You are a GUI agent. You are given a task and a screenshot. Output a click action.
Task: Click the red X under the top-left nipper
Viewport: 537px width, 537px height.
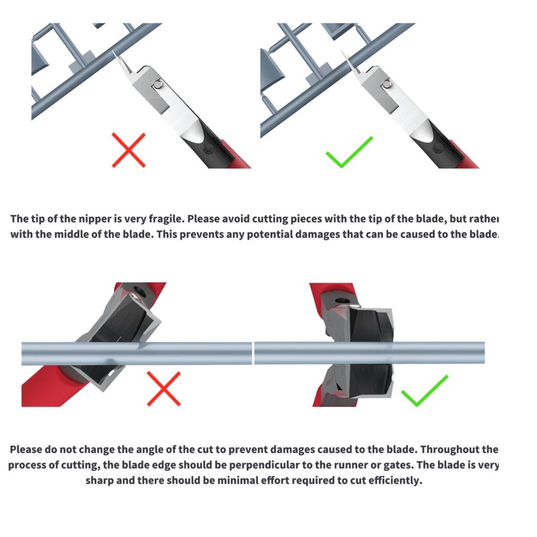click(x=129, y=150)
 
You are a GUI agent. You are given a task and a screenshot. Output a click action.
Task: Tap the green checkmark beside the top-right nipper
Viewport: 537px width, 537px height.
click(x=349, y=153)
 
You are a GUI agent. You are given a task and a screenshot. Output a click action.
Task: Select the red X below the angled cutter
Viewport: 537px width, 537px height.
click(x=164, y=389)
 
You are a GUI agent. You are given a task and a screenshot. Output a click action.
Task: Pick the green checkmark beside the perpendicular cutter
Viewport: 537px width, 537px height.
click(x=424, y=390)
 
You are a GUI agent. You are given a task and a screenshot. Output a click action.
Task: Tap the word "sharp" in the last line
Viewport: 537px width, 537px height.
click(x=100, y=480)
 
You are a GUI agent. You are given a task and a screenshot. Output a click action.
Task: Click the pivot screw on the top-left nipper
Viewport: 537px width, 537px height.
click(x=158, y=84)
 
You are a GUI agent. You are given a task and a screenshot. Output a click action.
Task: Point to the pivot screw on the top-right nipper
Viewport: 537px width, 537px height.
click(x=388, y=83)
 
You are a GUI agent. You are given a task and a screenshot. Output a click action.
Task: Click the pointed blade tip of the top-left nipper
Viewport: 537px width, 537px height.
click(x=113, y=52)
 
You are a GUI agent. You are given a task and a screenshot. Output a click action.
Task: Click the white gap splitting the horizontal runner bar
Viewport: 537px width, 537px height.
click(x=253, y=353)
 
